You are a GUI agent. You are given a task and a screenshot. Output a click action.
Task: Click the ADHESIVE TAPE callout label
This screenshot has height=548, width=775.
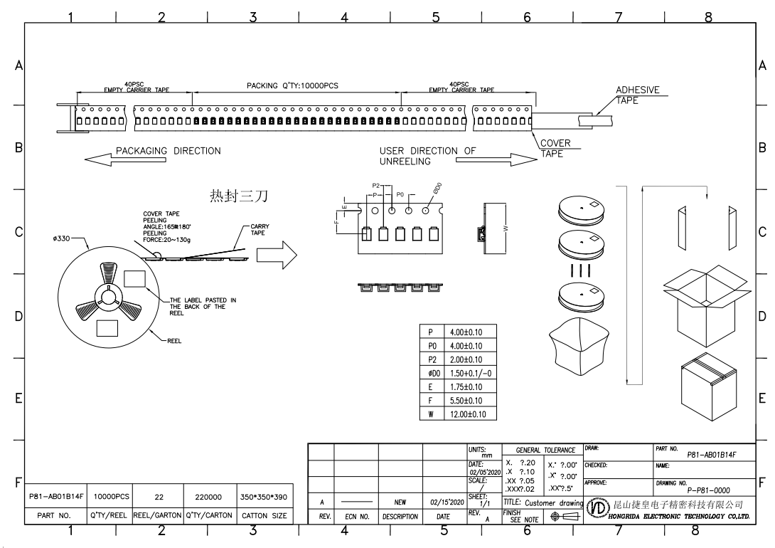[637, 95]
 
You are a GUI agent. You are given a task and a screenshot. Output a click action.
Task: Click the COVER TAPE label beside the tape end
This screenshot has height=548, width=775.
[555, 148]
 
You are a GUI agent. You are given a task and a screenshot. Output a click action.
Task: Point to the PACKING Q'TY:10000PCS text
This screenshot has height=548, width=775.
[292, 86]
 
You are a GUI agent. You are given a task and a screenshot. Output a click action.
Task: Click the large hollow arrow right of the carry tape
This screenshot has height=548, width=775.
[276, 251]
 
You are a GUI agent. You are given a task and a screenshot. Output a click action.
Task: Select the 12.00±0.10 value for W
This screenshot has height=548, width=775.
[469, 413]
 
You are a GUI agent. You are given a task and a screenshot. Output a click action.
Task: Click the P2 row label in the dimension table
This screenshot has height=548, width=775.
[432, 359]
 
